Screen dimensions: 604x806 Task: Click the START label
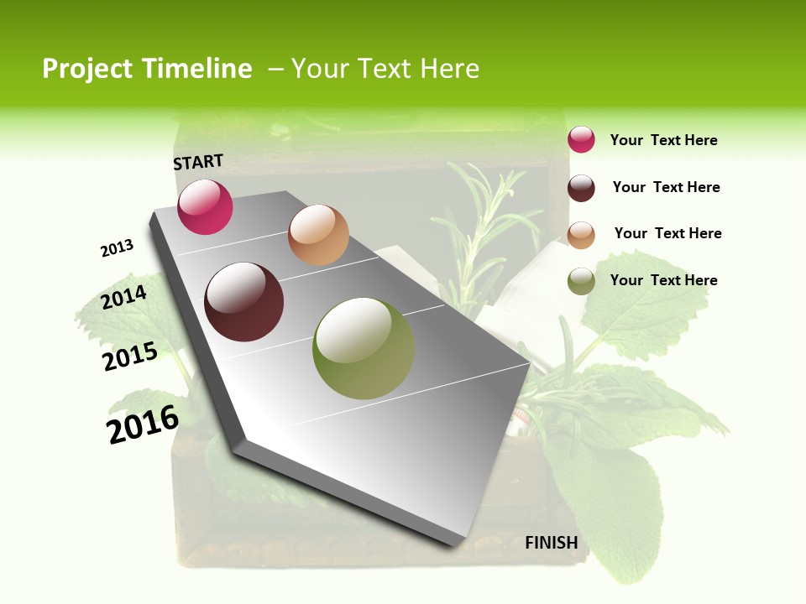tap(198, 162)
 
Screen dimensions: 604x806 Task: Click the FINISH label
tap(552, 543)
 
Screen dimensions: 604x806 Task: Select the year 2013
tap(117, 248)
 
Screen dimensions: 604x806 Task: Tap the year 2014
tap(124, 298)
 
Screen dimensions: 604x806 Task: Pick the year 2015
tap(130, 357)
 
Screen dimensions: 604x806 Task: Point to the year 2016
tap(143, 424)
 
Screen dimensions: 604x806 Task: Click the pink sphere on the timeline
tap(205, 207)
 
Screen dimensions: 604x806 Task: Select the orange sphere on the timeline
tap(318, 235)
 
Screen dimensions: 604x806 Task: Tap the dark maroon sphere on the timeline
tap(244, 302)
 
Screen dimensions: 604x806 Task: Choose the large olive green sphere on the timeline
tap(364, 348)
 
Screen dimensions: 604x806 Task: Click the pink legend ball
tap(581, 140)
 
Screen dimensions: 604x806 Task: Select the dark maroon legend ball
tap(581, 188)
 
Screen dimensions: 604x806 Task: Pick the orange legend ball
tap(581, 235)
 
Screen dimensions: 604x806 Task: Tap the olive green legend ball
tap(581, 281)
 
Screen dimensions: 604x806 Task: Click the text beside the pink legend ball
tap(663, 141)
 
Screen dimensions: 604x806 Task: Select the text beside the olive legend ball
tap(663, 280)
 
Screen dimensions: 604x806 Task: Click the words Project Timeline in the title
tap(147, 69)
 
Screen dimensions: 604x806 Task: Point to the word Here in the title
tap(449, 69)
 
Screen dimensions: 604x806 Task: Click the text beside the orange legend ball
tap(667, 233)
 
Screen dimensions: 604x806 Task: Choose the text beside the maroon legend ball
tap(666, 187)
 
